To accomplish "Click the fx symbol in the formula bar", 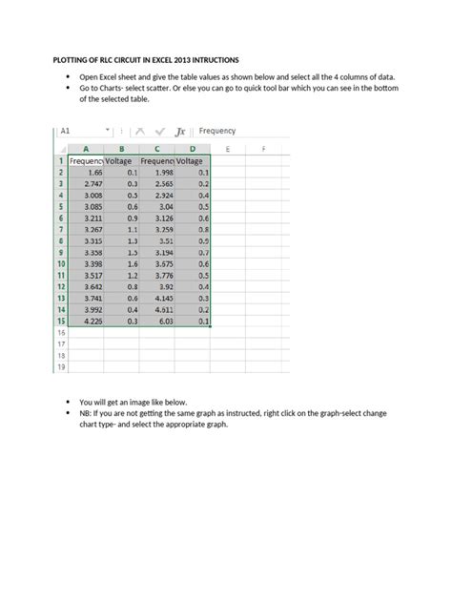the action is pos(178,132).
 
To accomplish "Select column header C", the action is pos(157,149).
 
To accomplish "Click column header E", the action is pos(227,149).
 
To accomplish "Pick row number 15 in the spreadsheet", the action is pos(60,322).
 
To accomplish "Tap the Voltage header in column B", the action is pos(122,161).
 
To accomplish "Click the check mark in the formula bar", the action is pos(158,132).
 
